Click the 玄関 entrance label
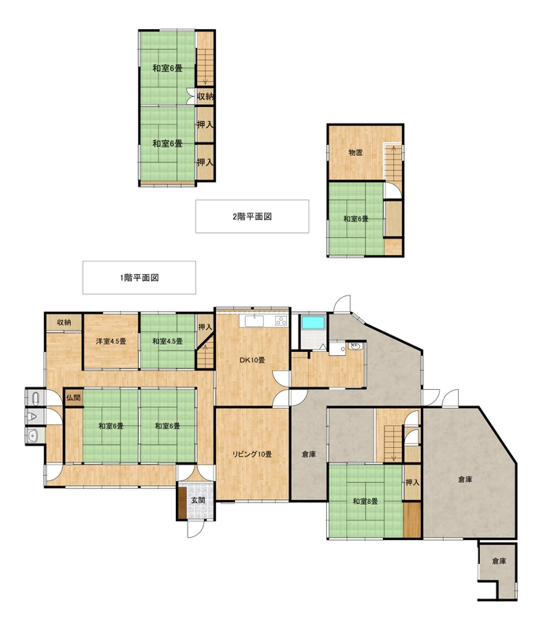[198, 500]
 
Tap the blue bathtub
[314, 322]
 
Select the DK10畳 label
[252, 360]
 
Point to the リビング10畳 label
[252, 454]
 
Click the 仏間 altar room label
[73, 398]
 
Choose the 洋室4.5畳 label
[111, 341]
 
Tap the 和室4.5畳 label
[167, 341]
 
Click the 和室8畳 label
[365, 502]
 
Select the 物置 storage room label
[355, 153]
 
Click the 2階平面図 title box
[252, 216]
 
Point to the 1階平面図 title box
[139, 278]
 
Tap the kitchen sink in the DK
[255, 321]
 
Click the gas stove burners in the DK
[281, 321]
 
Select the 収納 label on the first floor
[64, 322]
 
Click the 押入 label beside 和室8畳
[412, 482]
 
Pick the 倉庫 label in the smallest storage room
[499, 561]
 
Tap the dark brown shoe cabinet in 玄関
[182, 502]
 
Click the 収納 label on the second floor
[205, 96]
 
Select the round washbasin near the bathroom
[355, 346]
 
